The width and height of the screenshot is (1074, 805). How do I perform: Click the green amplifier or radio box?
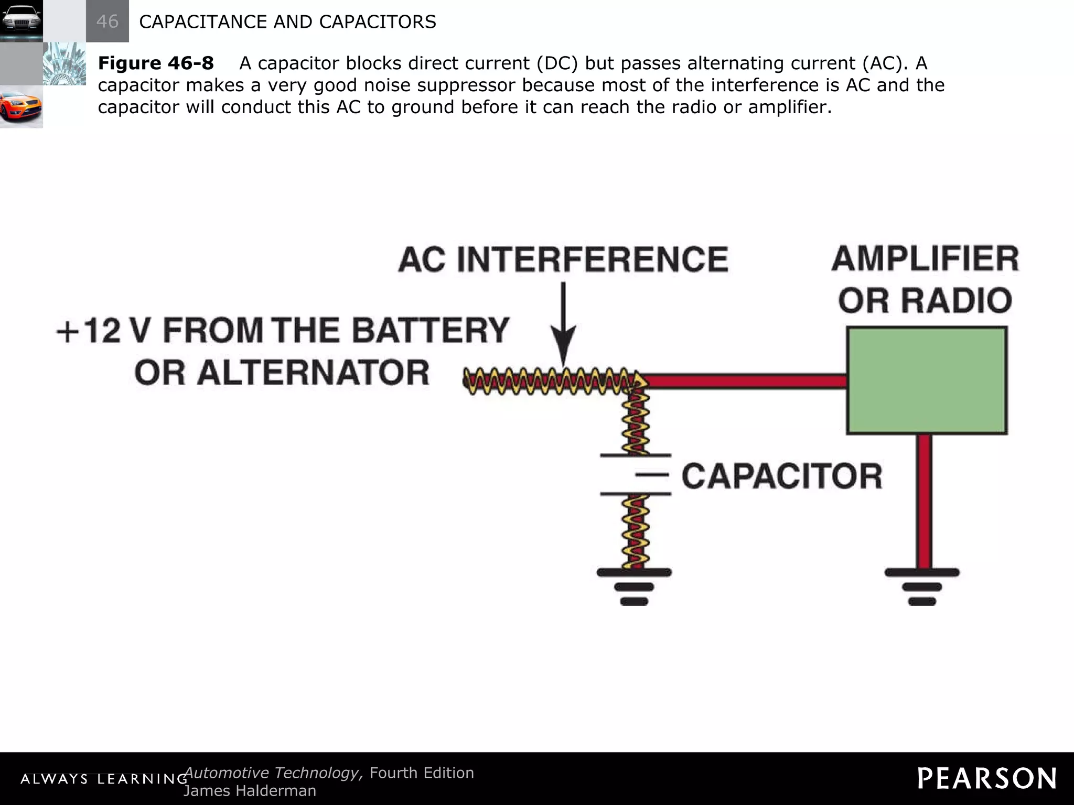[x=927, y=380]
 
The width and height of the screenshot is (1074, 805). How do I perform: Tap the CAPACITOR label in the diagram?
[x=781, y=476]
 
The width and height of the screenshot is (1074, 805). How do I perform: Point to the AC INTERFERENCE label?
[x=563, y=259]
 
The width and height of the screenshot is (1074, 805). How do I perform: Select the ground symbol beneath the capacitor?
[x=634, y=586]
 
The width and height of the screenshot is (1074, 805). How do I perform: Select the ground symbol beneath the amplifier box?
[x=922, y=586]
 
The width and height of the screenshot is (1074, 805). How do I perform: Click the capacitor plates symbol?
[x=635, y=474]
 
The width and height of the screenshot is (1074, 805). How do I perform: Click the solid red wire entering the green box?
[x=745, y=381]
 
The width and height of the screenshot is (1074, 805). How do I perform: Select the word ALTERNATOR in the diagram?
[x=313, y=373]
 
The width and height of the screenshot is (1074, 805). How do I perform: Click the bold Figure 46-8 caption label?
[x=156, y=63]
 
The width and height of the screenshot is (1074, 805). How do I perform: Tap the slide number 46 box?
[x=107, y=21]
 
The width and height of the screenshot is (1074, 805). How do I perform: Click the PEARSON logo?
[x=987, y=778]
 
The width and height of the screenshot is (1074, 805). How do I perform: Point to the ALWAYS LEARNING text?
[x=103, y=779]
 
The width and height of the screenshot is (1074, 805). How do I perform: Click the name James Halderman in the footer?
[x=250, y=791]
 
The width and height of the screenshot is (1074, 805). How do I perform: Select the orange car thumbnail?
[x=21, y=107]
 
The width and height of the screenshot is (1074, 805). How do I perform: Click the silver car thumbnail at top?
[x=21, y=21]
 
